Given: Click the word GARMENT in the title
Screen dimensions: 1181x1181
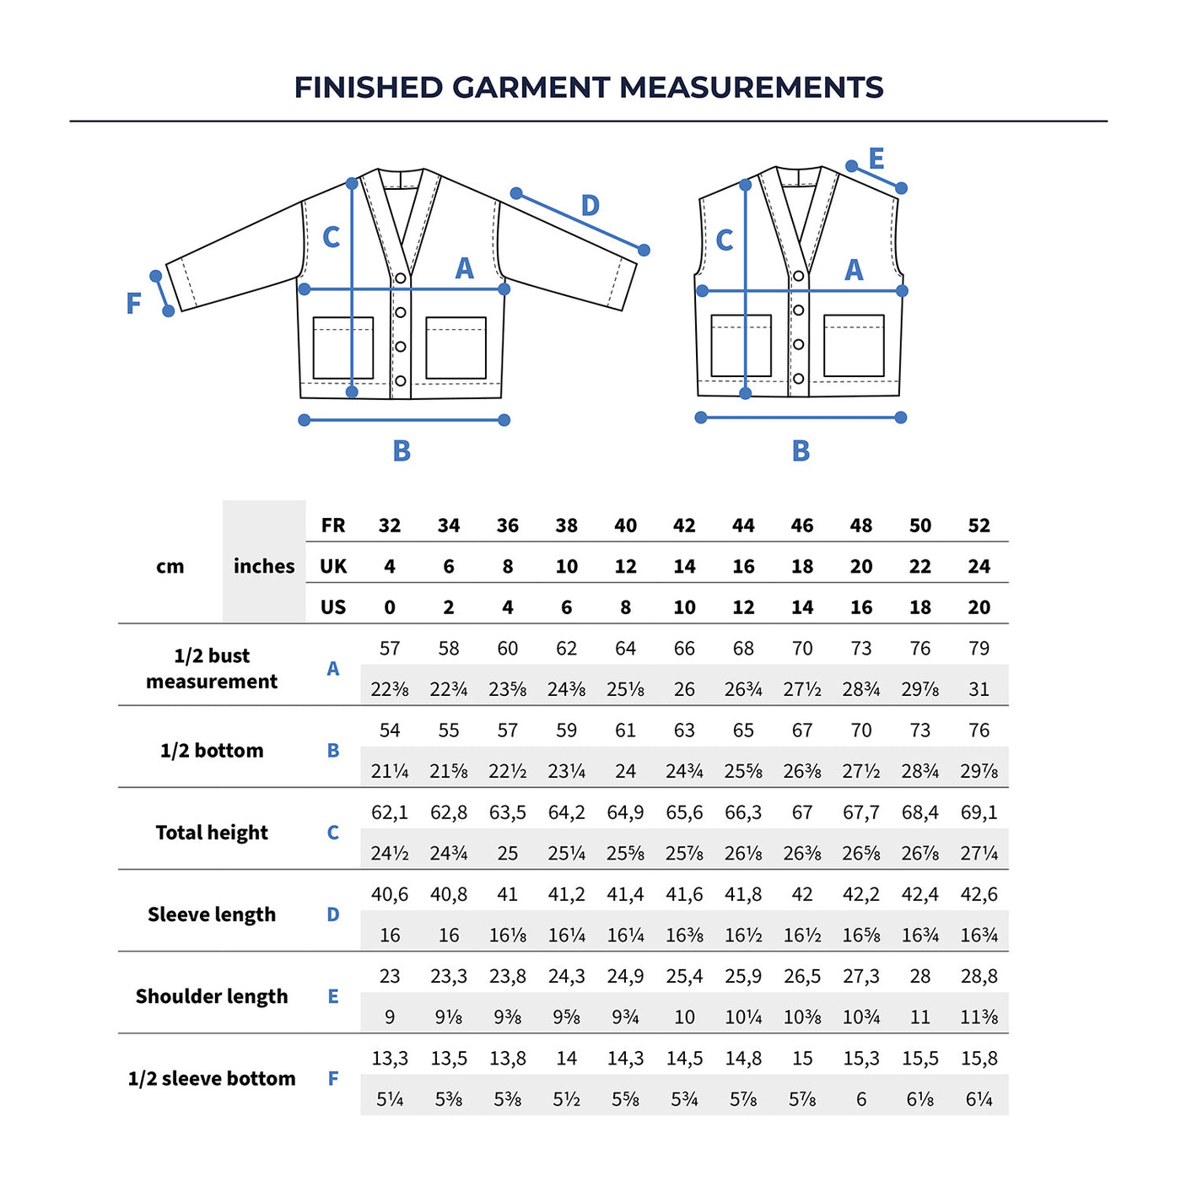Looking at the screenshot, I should [531, 88].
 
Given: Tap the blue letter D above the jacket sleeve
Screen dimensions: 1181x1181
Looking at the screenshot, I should [590, 206].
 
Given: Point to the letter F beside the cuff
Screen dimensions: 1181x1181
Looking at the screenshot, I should [133, 304].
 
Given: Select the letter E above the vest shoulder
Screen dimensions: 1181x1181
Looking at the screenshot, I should [876, 159].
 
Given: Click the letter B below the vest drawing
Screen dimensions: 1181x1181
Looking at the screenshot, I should [801, 451].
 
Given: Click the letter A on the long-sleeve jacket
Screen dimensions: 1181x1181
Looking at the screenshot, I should [464, 269].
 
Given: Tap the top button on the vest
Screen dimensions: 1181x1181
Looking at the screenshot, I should [798, 276].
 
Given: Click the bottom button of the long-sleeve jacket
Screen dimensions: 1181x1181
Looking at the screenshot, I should [401, 381].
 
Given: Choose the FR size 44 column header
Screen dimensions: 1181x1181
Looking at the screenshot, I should [743, 526].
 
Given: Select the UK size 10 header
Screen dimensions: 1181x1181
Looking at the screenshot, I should [566, 567].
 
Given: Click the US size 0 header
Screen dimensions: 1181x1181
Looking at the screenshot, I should [390, 607].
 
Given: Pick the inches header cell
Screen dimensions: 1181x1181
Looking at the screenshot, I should [264, 566].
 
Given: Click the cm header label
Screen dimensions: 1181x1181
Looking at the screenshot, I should [170, 566].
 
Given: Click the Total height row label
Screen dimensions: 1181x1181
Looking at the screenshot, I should [212, 833].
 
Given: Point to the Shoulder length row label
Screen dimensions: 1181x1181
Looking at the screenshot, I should [212, 996].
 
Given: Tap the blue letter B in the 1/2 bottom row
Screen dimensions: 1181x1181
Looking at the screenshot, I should [333, 751].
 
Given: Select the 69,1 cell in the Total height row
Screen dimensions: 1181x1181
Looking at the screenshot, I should [979, 812].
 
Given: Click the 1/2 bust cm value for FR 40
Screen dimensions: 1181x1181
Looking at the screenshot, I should [625, 649].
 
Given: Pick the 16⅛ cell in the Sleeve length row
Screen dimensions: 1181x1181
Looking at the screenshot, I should [507, 936].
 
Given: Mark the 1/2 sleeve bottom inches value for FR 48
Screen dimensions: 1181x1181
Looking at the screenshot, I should [861, 1099].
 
